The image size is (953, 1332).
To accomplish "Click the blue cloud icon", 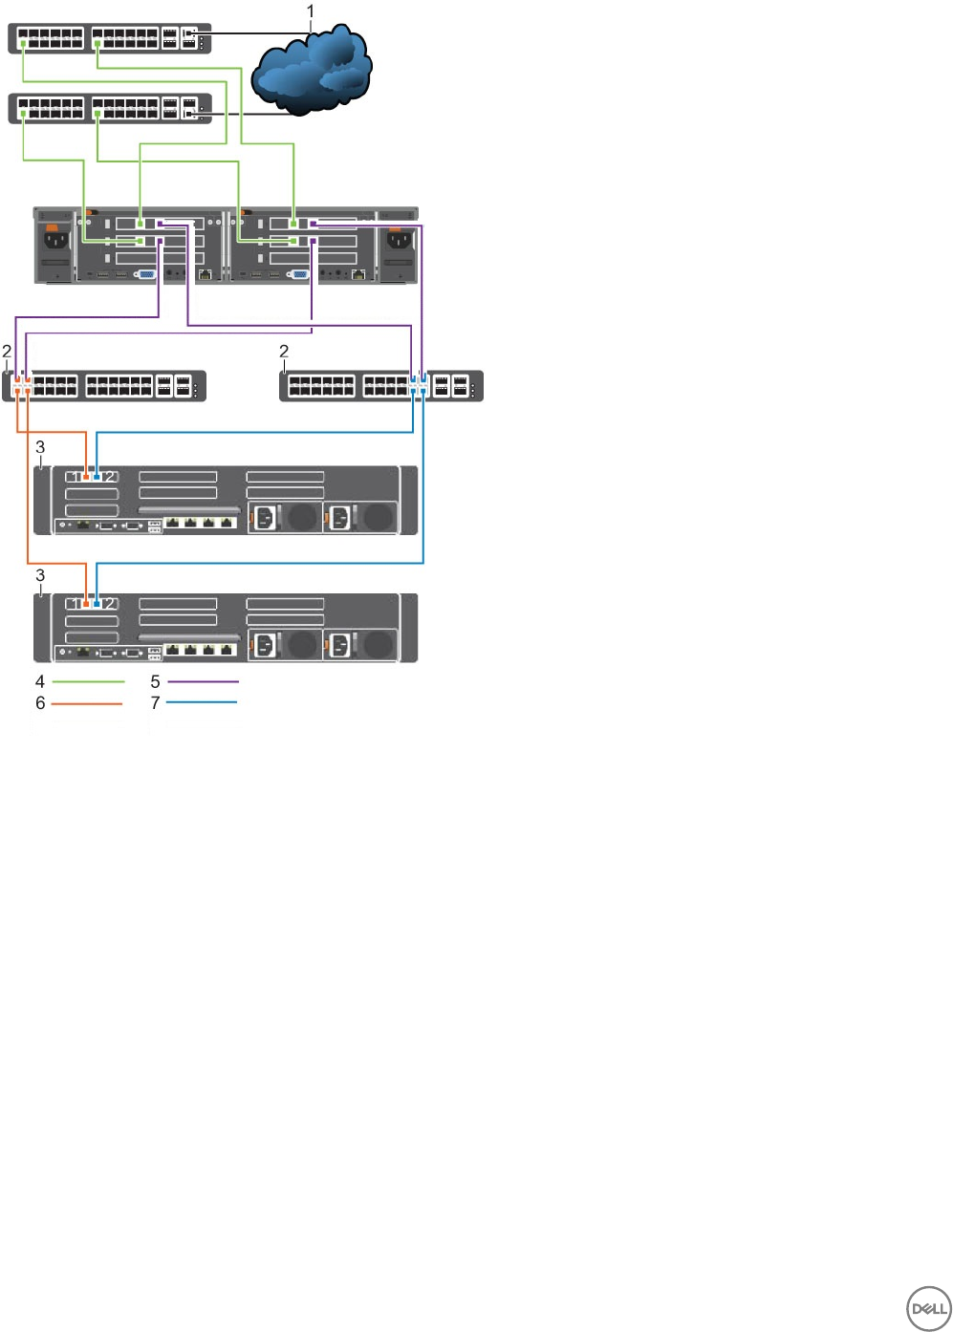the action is [311, 69].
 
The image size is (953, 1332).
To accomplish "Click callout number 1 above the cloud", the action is [311, 11].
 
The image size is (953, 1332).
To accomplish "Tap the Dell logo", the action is [927, 1308].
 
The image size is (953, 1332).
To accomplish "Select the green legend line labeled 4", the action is [88, 682].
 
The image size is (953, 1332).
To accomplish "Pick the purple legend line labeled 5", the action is [203, 682].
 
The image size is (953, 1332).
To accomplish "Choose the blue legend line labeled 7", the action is [202, 703].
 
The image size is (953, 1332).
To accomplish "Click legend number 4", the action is [40, 682].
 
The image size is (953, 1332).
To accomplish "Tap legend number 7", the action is [155, 703].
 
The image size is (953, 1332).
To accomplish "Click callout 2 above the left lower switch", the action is [7, 352].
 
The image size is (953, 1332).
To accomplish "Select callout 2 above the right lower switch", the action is [284, 352].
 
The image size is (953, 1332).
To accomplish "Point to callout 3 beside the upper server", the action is [40, 447].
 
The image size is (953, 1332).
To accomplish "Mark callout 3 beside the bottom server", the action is [40, 575].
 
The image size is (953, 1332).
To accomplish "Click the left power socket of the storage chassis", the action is [56, 240].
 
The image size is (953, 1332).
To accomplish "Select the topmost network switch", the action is [110, 38].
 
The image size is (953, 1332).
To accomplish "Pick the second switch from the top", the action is [110, 108].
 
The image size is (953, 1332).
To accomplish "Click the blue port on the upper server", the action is [97, 476].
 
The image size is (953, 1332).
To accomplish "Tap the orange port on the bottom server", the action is [87, 604].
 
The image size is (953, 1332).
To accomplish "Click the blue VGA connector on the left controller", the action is [148, 274].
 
